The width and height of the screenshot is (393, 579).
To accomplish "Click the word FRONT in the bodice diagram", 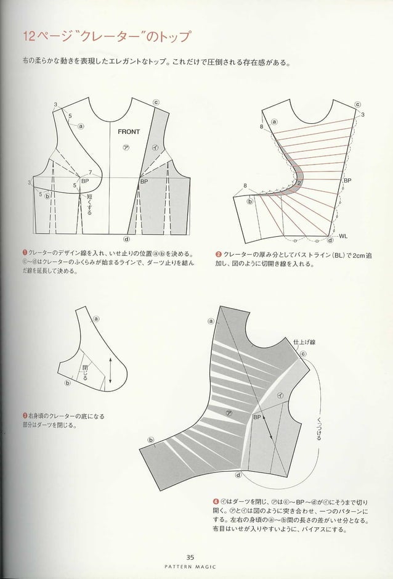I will click(129, 131).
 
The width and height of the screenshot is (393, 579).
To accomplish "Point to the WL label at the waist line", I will click(343, 236).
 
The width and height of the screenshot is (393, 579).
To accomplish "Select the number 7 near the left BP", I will click(90, 172).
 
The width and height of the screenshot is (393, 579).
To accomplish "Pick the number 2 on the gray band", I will click(299, 183).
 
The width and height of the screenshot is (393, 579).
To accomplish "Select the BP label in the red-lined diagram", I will click(347, 181).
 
